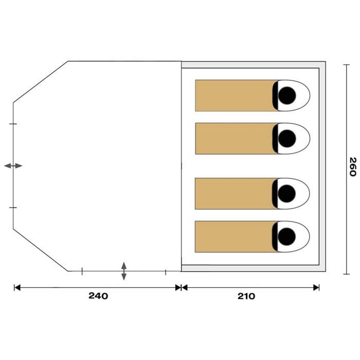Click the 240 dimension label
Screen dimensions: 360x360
98,296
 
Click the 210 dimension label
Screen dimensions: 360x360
246,296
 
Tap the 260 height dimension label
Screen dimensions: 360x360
353,167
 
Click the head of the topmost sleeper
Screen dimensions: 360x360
287,95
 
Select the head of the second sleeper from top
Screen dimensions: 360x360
287,138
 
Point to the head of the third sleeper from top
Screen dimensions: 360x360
286,193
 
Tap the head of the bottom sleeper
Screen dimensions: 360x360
286,236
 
